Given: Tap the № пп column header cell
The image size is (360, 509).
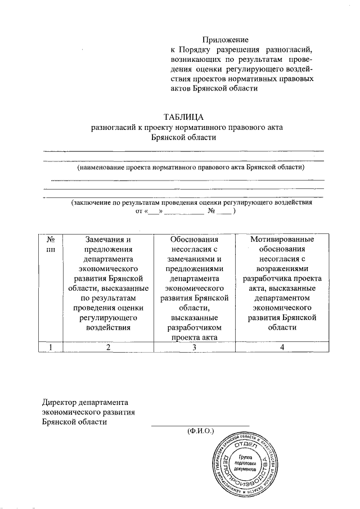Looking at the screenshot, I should point(51,245).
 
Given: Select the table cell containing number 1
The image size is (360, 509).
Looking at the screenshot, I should point(51,347).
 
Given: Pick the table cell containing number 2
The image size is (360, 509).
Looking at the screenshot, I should point(108,347).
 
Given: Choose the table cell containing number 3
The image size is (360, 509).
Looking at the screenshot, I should point(193,347).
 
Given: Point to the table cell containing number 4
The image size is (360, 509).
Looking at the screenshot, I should point(282,347).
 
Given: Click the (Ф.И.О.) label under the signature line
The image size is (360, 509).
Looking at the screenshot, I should point(200,431).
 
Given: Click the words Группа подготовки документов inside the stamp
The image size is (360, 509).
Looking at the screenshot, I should point(243,463).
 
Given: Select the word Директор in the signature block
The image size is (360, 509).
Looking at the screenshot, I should point(62,402).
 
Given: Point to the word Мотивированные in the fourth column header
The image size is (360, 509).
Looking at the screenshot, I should point(282,240).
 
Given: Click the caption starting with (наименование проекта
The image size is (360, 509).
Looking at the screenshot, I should point(190,167).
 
